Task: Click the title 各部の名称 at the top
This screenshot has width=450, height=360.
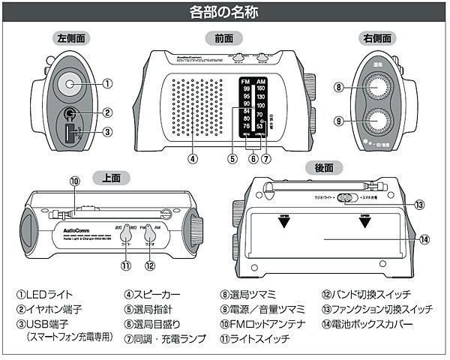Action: click(x=224, y=13)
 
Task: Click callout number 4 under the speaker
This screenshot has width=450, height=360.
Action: click(x=193, y=159)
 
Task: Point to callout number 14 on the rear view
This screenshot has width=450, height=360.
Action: click(x=424, y=240)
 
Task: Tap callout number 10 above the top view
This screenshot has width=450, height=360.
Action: click(x=74, y=181)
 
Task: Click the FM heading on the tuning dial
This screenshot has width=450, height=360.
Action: click(x=246, y=80)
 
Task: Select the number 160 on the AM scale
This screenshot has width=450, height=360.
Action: click(x=260, y=88)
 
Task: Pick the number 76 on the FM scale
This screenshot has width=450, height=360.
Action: click(x=246, y=126)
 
